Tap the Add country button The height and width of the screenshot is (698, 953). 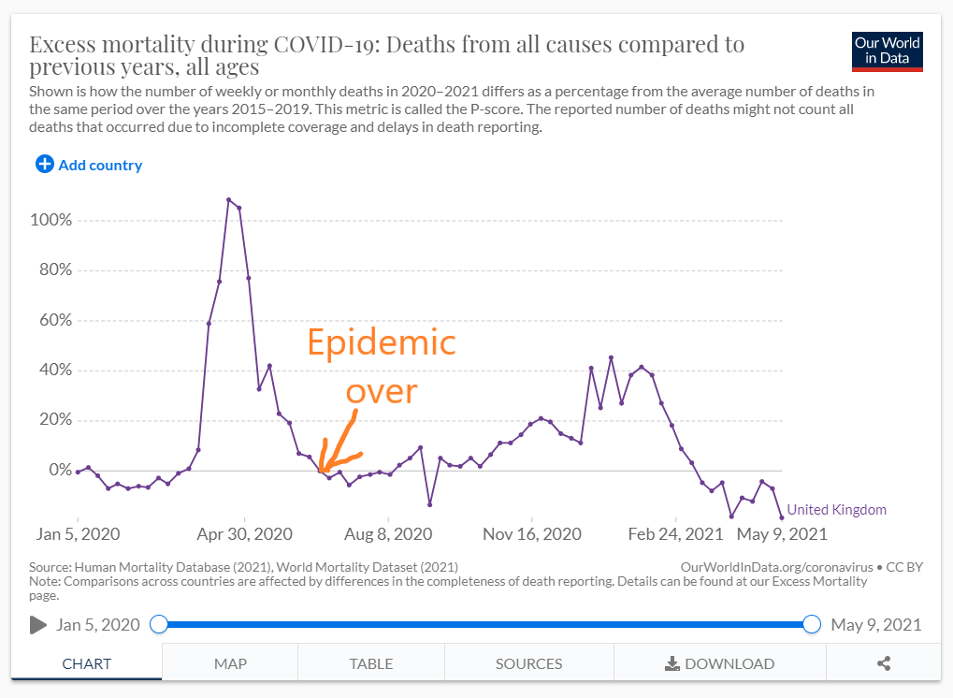pos(89,165)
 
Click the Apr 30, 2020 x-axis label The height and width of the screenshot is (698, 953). pos(245,534)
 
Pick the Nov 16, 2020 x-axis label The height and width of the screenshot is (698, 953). pos(531,534)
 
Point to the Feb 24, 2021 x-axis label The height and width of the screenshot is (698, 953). pos(674,534)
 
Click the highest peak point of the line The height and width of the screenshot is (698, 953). pos(228,199)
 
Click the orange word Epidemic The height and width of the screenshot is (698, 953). pos(382,342)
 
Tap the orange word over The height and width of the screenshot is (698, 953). pos(381,390)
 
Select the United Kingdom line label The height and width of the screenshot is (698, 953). pos(836,510)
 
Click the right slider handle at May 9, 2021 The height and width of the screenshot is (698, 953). pos(812,624)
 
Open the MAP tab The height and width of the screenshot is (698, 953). pos(230,663)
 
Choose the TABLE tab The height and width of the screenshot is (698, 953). pos(371,663)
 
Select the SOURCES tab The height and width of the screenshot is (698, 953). pos(528,663)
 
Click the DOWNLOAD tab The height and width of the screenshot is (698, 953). pos(719,663)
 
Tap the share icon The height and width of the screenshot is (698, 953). pos(884,663)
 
